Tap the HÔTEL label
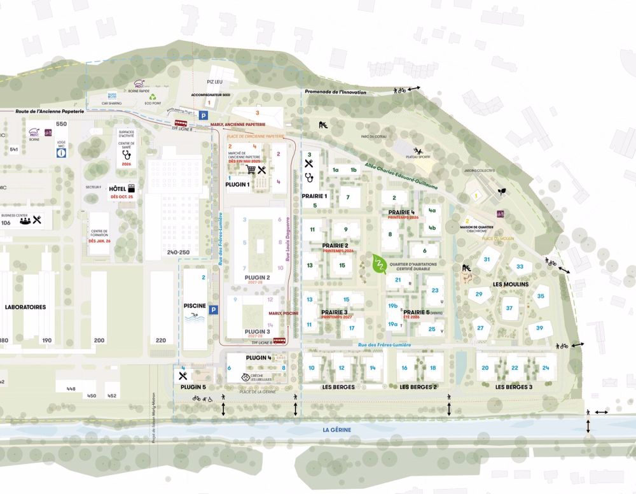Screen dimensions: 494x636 pyautogui.click(x=116, y=189)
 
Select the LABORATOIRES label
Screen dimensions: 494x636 pyautogui.click(x=25, y=307)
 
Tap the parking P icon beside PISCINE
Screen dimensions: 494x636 pyautogui.click(x=214, y=310)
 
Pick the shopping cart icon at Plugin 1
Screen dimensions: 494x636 pyautogui.click(x=251, y=170)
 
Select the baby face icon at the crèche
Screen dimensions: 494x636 pyautogui.click(x=245, y=378)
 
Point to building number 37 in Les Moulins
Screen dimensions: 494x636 pyautogui.click(x=509, y=308)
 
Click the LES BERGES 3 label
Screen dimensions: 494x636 pyautogui.click(x=514, y=387)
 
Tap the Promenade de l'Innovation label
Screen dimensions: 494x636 pyautogui.click(x=335, y=92)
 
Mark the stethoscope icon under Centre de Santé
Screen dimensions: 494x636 pyautogui.click(x=126, y=153)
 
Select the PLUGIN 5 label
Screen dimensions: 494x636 pyautogui.click(x=193, y=387)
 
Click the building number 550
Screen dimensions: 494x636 pyautogui.click(x=61, y=123)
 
